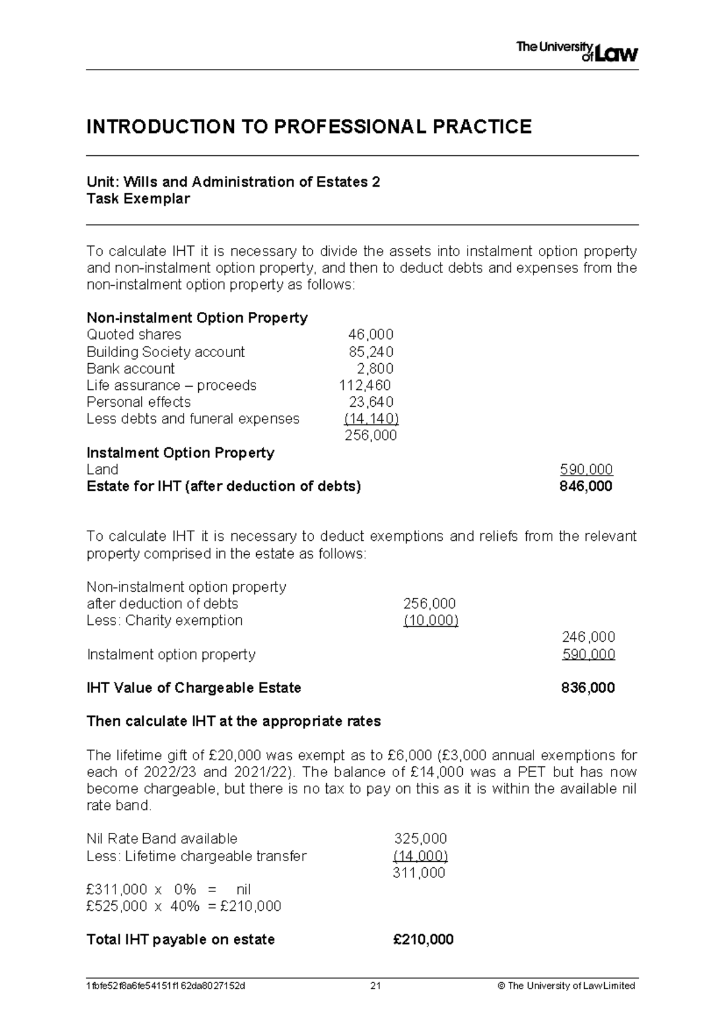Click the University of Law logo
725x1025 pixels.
point(577,52)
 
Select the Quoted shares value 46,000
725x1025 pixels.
point(370,335)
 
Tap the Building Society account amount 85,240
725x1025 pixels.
point(371,352)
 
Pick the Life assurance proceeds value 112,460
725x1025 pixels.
point(365,386)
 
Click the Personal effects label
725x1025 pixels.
point(138,403)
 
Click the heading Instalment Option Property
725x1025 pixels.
point(180,453)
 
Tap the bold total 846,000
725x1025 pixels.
point(586,487)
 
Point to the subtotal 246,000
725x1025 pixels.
point(588,637)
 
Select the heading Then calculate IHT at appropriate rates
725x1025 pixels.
point(234,722)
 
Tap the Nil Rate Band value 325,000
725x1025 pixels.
point(420,839)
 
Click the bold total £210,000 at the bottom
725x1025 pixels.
point(423,940)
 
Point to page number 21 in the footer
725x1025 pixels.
point(376,986)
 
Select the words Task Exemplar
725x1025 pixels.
point(138,199)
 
